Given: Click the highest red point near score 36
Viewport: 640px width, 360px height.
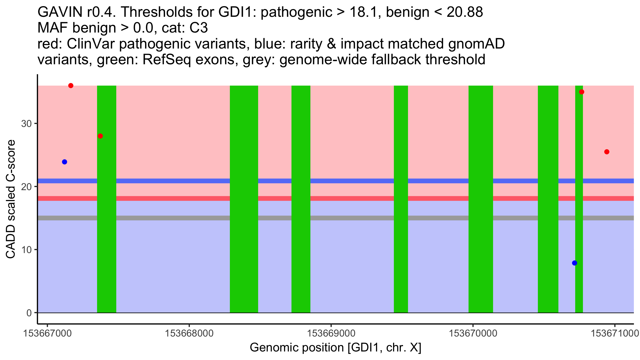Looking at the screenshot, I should [x=71, y=86].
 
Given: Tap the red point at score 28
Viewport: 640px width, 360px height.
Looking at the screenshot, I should [x=100, y=136].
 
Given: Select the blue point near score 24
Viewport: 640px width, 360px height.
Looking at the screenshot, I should [x=65, y=162].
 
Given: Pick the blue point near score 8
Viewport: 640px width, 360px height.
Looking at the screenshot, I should [x=574, y=263].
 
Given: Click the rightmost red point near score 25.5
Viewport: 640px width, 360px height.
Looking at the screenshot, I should [x=607, y=152].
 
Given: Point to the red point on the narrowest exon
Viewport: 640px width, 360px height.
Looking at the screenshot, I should [x=582, y=92].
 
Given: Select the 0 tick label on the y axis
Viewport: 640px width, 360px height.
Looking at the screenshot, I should [x=29, y=313].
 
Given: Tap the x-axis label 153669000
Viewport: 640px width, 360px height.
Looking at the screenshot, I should [x=331, y=333].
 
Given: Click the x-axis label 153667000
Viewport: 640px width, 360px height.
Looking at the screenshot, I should [x=47, y=333].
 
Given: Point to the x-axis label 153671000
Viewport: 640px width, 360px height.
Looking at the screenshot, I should [x=615, y=333].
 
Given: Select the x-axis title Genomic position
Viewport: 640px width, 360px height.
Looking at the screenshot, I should [x=335, y=348].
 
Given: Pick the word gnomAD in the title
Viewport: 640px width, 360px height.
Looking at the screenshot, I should [x=476, y=44].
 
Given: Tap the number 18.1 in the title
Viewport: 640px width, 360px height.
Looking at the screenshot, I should [x=365, y=12].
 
